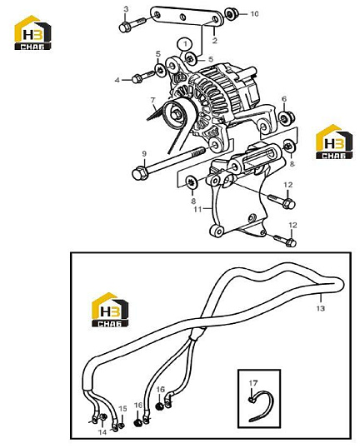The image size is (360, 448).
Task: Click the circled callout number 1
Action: [185, 44]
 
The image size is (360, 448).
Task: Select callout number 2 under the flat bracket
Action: [215, 40]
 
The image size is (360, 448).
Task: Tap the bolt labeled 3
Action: [133, 24]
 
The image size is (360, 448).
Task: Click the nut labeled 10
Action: [231, 13]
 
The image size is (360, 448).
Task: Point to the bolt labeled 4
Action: [144, 77]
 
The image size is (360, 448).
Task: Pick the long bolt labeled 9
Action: [168, 162]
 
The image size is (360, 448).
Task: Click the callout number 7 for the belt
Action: [153, 100]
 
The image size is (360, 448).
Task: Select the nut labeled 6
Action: [287, 118]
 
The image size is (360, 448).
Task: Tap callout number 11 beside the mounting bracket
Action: [197, 210]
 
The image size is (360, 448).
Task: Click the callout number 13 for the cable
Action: [321, 308]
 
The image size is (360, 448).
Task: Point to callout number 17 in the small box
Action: [253, 382]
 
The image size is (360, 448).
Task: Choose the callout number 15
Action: [123, 409]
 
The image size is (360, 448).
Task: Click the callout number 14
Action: [102, 432]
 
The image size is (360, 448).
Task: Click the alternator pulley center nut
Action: [177, 115]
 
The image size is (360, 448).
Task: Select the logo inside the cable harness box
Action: [110, 310]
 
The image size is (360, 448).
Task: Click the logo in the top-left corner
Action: [32, 32]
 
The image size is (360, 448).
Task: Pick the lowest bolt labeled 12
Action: [285, 241]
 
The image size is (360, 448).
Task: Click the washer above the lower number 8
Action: [192, 182]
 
